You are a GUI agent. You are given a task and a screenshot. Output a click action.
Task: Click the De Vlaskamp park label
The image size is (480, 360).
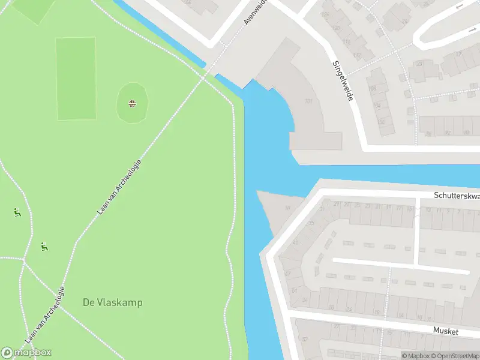point(113,302)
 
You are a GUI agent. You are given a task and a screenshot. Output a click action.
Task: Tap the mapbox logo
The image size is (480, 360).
point(26,353)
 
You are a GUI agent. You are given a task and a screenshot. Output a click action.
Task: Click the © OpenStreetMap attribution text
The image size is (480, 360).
point(454,356)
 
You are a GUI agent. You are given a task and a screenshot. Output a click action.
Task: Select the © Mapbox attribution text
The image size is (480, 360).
point(415,356)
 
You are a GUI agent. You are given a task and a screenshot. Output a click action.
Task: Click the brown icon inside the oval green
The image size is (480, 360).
point(132,103)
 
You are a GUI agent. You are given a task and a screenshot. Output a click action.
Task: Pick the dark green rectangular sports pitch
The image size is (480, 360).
point(76,78)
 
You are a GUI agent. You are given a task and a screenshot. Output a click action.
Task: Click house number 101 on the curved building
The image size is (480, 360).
point(308,101)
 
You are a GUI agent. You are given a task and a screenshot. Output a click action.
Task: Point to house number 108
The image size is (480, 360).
point(372,89)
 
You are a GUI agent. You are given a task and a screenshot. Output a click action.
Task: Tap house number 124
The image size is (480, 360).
point(326,13)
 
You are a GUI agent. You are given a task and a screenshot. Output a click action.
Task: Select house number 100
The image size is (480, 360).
point(381,122)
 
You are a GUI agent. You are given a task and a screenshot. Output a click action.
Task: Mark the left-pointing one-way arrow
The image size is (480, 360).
point(461,7)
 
